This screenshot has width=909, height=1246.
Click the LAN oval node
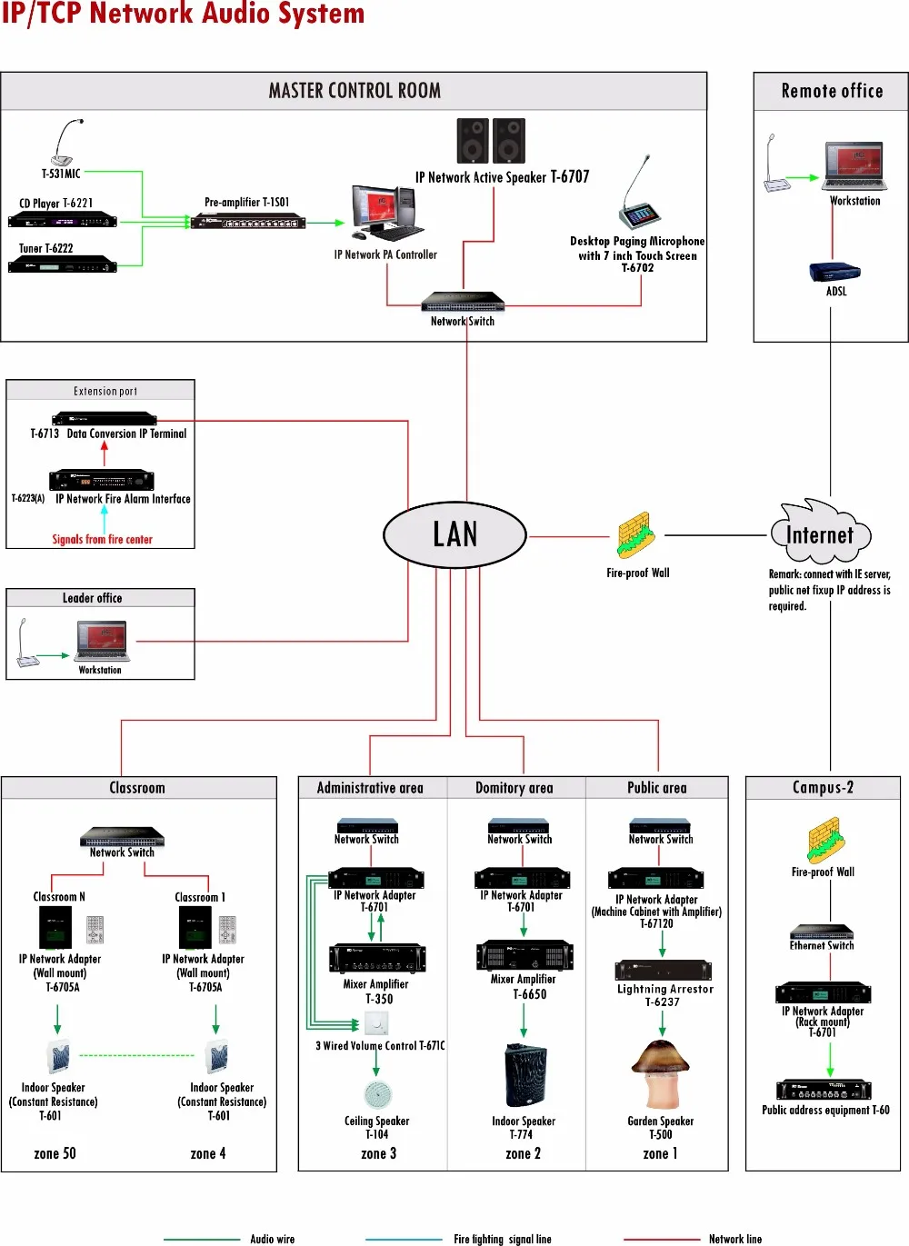pos(454,534)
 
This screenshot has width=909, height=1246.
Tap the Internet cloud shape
pos(820,533)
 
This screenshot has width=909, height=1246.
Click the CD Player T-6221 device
pos(62,220)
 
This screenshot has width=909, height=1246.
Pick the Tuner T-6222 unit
pos(62,264)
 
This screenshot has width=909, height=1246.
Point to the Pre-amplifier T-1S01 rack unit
pos(247,221)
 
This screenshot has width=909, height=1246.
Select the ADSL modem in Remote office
pos(834,272)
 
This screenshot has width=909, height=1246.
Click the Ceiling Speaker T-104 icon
pos(377,1094)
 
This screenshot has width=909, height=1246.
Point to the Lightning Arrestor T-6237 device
pos(663,970)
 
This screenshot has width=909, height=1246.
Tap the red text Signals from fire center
pos(102,540)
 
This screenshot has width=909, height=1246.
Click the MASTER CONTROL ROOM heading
pos(355,91)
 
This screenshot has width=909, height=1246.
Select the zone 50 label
pos(55,1153)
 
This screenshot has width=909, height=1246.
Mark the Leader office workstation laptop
pos(102,642)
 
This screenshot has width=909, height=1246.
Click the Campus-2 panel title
pos(823,788)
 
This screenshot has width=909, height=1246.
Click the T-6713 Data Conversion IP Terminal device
pos(105,419)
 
